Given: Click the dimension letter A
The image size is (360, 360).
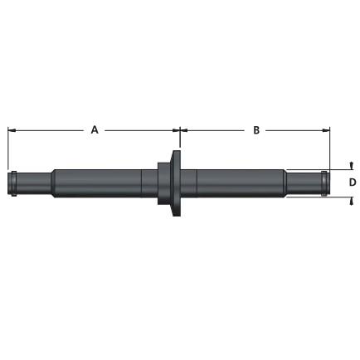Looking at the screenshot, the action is click(95, 129).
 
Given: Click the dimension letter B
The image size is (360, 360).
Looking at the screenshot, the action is click(256, 129).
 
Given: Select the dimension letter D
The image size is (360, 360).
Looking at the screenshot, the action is click(353, 182).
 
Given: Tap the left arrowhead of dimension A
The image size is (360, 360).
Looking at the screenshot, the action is click(12, 129).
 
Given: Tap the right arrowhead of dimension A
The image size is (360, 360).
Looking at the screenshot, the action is click(176, 129).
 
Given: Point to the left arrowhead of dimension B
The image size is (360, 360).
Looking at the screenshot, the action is click(184, 129).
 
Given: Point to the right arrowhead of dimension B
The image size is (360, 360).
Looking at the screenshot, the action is click(326, 129).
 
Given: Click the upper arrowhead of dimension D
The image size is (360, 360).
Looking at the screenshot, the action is click(351, 165).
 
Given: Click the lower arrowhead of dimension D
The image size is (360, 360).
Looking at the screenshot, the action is click(351, 201).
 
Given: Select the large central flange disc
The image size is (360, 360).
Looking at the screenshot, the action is click(177, 183).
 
